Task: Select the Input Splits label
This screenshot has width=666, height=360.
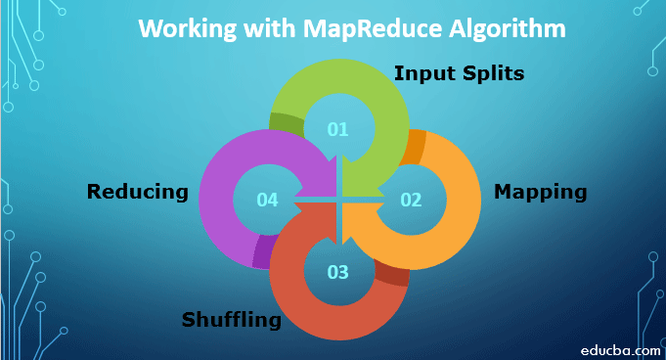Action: tap(459, 73)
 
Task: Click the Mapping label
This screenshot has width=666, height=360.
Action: tap(540, 191)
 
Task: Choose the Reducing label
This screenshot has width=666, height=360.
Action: tap(137, 191)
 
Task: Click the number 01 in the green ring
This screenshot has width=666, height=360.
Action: tap(337, 128)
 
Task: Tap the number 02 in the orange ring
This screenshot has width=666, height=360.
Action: tap(411, 200)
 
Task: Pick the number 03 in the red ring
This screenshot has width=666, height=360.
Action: tap(337, 272)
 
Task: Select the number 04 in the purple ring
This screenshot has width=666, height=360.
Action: tap(267, 200)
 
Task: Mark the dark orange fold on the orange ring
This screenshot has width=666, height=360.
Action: tap(414, 144)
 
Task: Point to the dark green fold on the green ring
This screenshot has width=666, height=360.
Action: tap(285, 124)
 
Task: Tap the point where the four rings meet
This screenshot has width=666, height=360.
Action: tap(338, 200)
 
